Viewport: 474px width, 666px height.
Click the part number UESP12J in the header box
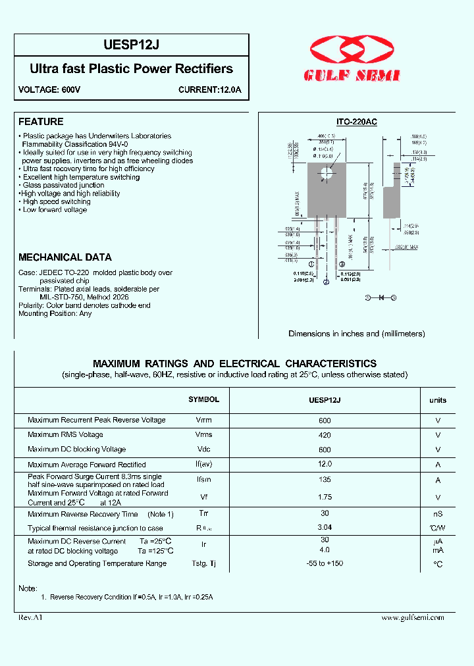[x=132, y=45]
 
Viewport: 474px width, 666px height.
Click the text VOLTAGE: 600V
[x=49, y=90]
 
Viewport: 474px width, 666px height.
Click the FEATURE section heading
[x=41, y=122]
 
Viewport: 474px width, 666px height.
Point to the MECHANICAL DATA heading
[x=65, y=257]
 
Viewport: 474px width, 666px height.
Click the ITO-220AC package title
[x=356, y=122]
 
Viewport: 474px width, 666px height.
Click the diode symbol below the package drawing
[x=381, y=298]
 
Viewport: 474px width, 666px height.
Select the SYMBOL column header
[x=203, y=399]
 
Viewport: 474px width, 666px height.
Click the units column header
[x=438, y=400]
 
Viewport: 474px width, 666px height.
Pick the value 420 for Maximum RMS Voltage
[x=325, y=434]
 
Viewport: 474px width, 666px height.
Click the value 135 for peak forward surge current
[x=325, y=480]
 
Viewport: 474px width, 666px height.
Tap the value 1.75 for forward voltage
[x=325, y=498]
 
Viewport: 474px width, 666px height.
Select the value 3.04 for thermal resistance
[x=325, y=527]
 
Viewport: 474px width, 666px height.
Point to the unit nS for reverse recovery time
[x=438, y=514]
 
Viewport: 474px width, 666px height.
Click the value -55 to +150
[x=325, y=563]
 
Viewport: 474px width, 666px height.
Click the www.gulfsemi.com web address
[x=413, y=617]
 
